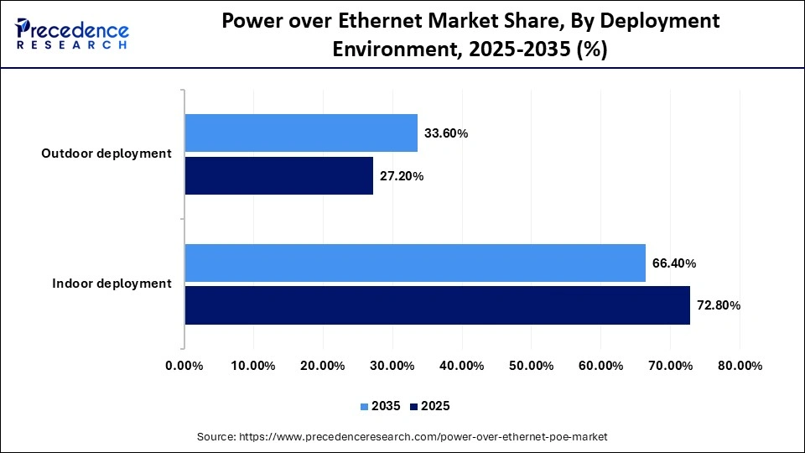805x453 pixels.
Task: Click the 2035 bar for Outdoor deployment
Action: (x=301, y=133)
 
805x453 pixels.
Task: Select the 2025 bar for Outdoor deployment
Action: (x=279, y=175)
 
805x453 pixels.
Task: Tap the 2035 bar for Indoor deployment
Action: (x=415, y=263)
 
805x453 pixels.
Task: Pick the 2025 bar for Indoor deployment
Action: (x=437, y=305)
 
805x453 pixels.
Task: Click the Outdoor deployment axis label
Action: (x=106, y=154)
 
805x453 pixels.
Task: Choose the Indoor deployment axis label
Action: (x=112, y=284)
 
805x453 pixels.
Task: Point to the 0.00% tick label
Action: (x=184, y=366)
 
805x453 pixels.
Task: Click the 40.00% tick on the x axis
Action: (x=462, y=366)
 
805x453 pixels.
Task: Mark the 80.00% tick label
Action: (x=740, y=366)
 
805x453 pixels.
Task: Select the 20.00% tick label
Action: (x=323, y=366)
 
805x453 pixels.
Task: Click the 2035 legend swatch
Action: (x=365, y=406)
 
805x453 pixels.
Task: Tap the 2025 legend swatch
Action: (x=414, y=406)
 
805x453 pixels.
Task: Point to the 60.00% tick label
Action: (x=600, y=366)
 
